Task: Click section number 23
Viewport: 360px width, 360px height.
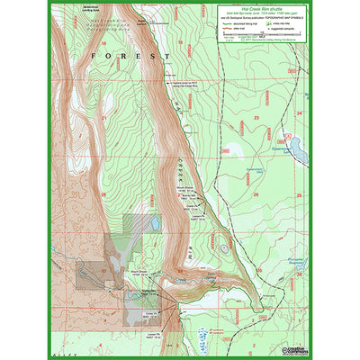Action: [x=256, y=117]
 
